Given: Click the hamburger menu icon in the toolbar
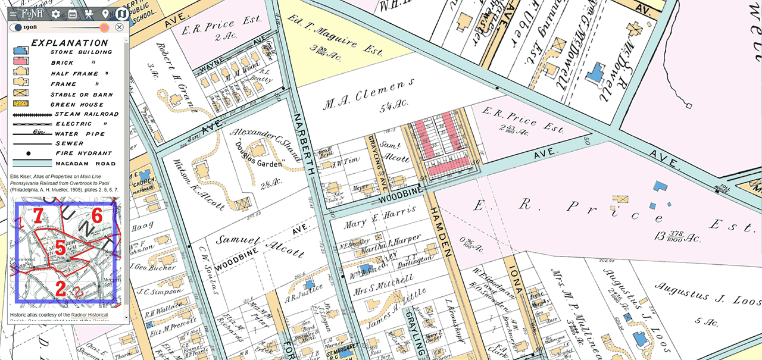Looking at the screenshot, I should click(13, 13).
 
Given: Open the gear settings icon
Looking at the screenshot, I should click(55, 13).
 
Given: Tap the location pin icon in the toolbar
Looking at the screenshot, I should click(105, 13).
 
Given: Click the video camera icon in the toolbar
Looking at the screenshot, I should click(89, 13).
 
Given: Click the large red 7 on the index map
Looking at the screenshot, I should click(37, 217).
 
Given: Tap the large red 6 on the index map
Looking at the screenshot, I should click(98, 215).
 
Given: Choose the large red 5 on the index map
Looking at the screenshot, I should click(60, 248).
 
